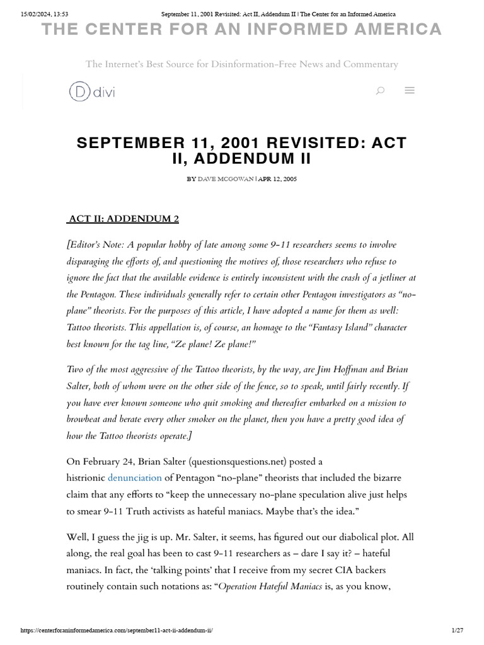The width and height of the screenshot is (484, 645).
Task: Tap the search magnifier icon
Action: (380, 91)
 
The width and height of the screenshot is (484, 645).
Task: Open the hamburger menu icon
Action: (410, 91)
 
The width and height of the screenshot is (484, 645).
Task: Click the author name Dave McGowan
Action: (226, 179)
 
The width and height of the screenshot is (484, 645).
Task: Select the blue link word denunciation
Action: (135, 478)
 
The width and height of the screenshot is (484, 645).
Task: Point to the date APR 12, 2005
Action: (277, 179)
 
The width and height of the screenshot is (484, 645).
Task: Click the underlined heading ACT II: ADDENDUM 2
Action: (124, 219)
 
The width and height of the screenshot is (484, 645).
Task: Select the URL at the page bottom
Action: (121, 631)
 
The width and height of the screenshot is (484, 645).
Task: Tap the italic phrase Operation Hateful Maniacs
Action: (270, 587)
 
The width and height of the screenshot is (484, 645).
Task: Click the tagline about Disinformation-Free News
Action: (242, 64)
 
